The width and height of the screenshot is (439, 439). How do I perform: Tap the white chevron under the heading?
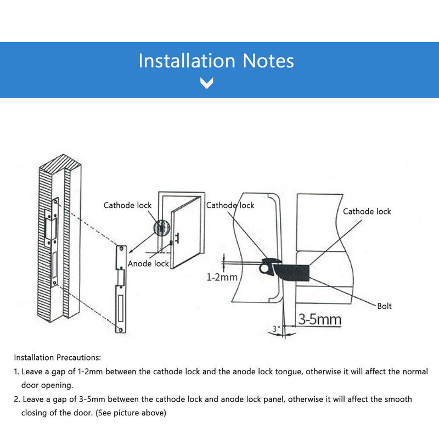tap(206, 83)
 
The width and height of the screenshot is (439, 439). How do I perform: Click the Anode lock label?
tap(148, 264)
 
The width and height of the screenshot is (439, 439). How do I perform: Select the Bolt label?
tap(384, 306)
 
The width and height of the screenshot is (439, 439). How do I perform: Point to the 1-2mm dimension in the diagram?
tap(222, 277)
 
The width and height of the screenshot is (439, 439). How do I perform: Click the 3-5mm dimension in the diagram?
tap(319, 319)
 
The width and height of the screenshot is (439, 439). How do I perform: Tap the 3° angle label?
tap(276, 329)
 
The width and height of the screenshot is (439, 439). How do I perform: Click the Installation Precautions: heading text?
tap(58, 358)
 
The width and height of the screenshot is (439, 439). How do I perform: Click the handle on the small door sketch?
tap(180, 239)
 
